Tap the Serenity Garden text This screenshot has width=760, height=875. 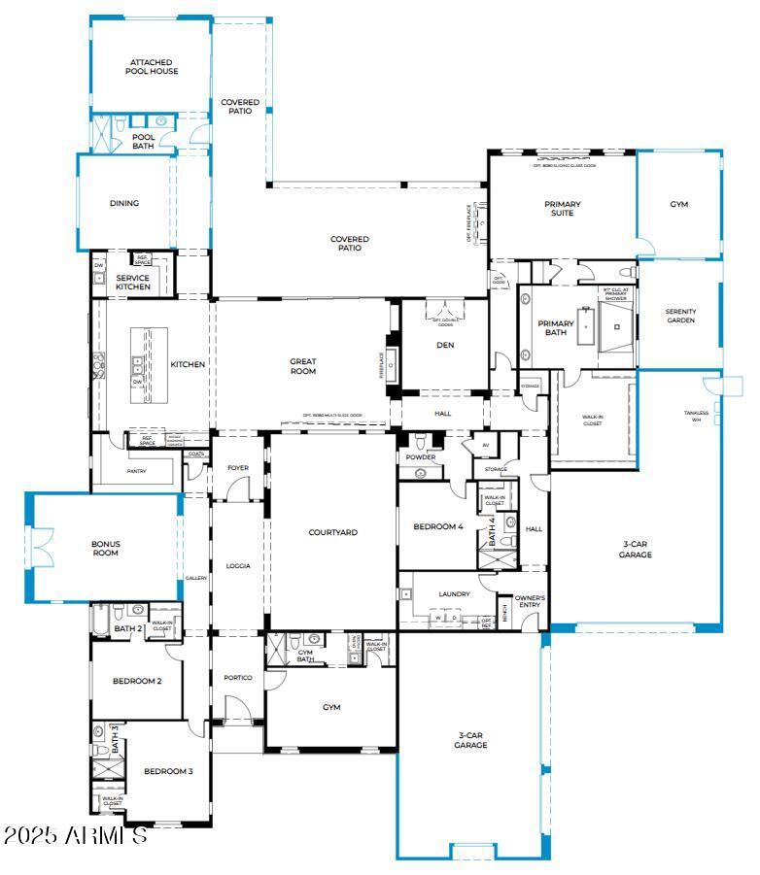point(680,316)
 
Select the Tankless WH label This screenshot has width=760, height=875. point(696,416)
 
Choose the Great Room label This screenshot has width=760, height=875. point(303,366)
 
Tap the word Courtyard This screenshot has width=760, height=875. point(333,532)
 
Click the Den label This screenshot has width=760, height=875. point(445,345)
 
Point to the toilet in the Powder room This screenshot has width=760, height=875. point(421,473)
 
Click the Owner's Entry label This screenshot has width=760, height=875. point(530,602)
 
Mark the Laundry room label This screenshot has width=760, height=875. point(454,593)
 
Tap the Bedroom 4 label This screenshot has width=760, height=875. point(438,526)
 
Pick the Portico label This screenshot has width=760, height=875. point(238,677)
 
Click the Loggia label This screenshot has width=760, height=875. point(238,565)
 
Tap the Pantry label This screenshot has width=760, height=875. point(136,471)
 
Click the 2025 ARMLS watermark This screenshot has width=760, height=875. point(75,835)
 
